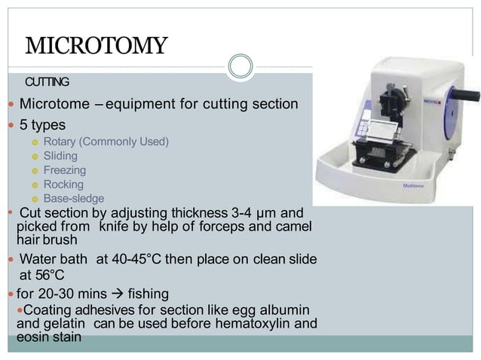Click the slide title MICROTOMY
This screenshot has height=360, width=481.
97,46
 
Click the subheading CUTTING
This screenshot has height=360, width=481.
47,81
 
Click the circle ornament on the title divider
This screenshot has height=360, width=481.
240,67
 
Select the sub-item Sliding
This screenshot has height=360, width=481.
60,156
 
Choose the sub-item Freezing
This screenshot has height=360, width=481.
65,170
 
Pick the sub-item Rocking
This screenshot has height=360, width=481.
63,185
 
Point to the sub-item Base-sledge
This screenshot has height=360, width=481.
74,199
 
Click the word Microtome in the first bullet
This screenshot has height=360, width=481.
56,103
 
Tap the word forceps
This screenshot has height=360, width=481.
238,226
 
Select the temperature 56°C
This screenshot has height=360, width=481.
47,275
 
